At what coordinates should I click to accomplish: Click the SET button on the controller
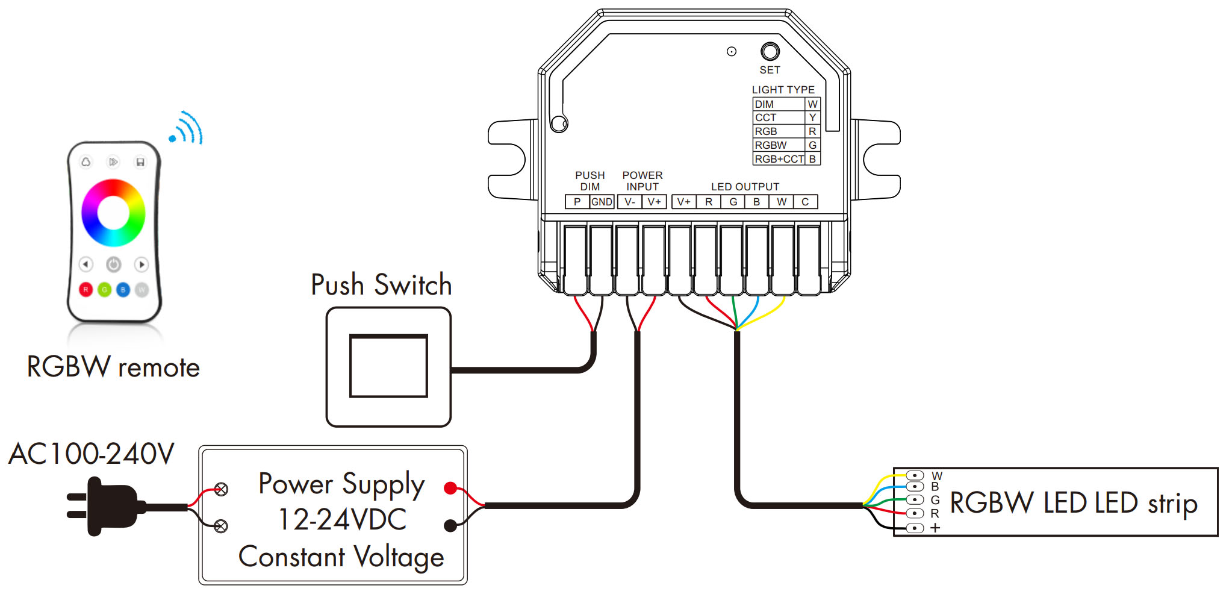pyautogui.click(x=770, y=52)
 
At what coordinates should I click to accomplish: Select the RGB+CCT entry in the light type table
pyautogui.click(x=779, y=159)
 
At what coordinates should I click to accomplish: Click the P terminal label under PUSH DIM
pyautogui.click(x=577, y=202)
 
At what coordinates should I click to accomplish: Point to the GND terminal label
pyautogui.click(x=602, y=202)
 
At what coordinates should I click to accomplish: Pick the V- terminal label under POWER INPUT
pyautogui.click(x=630, y=202)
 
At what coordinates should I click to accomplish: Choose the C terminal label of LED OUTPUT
pyautogui.click(x=805, y=202)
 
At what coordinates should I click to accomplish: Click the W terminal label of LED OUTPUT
pyautogui.click(x=781, y=202)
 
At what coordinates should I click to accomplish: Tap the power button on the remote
pyautogui.click(x=113, y=264)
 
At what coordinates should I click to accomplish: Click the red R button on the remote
pyautogui.click(x=86, y=290)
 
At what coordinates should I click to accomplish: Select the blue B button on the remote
pyautogui.click(x=123, y=290)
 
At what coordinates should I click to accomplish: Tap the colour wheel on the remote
pyautogui.click(x=113, y=213)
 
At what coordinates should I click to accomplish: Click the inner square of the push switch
pyautogui.click(x=388, y=366)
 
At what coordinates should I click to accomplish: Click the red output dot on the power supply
pyautogui.click(x=450, y=488)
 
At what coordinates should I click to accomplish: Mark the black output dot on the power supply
pyautogui.click(x=450, y=526)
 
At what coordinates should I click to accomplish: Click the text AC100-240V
pyautogui.click(x=92, y=454)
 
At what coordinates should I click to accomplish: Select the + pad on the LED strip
pyautogui.click(x=915, y=528)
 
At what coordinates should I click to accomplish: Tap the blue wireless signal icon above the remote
pyautogui.click(x=187, y=128)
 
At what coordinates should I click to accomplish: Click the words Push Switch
pyautogui.click(x=381, y=285)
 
